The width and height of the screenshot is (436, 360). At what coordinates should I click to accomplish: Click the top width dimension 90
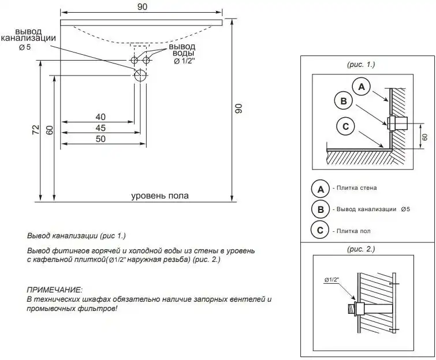click(143, 6)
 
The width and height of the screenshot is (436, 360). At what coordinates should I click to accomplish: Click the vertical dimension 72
click(36, 130)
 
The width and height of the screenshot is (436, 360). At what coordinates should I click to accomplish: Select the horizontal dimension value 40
click(100, 117)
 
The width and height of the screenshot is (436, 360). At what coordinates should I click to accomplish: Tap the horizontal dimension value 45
click(100, 127)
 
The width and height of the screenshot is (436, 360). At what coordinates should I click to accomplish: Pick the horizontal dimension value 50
click(100, 138)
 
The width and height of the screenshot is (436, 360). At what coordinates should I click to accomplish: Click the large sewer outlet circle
click(140, 75)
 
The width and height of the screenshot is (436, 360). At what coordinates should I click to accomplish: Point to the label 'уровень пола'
click(160, 196)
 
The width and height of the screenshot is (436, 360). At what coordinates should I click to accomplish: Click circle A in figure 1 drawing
click(362, 87)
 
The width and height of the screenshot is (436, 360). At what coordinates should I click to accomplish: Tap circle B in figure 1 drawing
click(344, 101)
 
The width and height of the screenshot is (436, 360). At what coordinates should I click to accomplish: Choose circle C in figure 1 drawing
click(345, 126)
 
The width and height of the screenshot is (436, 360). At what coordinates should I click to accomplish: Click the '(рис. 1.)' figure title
click(361, 65)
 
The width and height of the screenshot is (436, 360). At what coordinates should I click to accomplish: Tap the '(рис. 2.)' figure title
click(361, 249)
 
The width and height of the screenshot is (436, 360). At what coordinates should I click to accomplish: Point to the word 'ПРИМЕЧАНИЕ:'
click(55, 288)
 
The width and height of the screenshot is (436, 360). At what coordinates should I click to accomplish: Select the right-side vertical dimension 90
click(238, 108)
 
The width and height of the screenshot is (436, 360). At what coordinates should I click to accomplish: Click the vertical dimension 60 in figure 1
click(424, 137)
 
